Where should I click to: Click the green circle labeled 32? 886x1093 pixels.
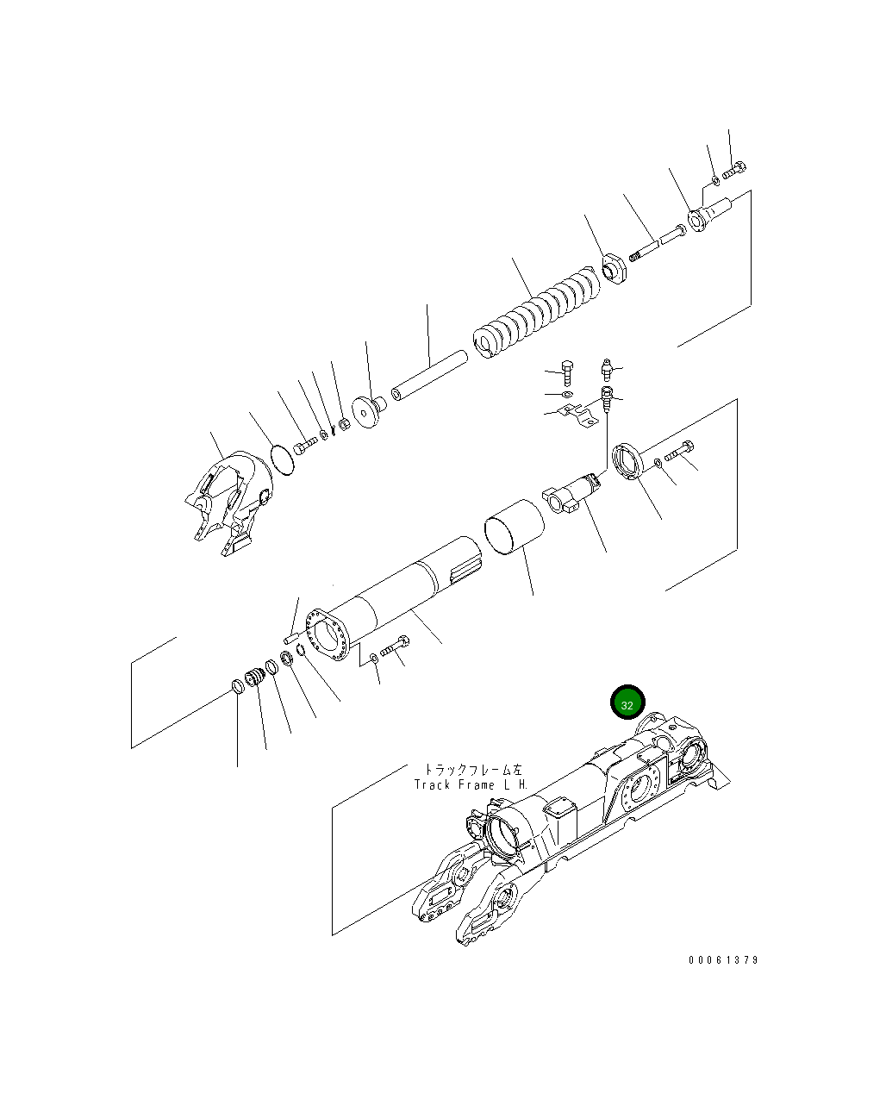coord(627,704)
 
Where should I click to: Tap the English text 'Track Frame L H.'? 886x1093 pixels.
coord(471,785)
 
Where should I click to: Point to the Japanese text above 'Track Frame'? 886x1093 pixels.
coord(472,769)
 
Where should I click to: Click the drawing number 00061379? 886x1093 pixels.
coord(723,960)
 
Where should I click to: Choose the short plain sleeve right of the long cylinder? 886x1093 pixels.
coord(515,526)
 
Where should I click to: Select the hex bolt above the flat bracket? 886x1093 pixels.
coord(567,372)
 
